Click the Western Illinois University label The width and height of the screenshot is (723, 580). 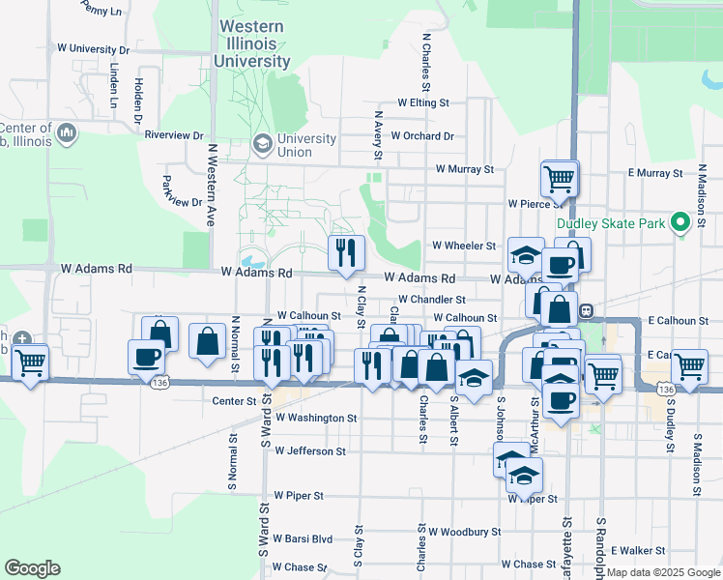[254, 44]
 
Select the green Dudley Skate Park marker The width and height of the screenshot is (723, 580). [680, 223]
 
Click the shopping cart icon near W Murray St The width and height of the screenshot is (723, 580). [560, 178]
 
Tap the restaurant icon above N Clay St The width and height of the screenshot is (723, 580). [346, 253]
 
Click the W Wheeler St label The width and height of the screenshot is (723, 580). [464, 246]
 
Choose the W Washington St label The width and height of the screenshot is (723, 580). [316, 419]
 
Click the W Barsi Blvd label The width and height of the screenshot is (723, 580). [303, 538]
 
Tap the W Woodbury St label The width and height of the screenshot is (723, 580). [465, 532]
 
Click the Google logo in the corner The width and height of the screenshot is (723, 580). [32, 568]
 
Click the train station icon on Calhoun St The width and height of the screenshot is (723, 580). [586, 311]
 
